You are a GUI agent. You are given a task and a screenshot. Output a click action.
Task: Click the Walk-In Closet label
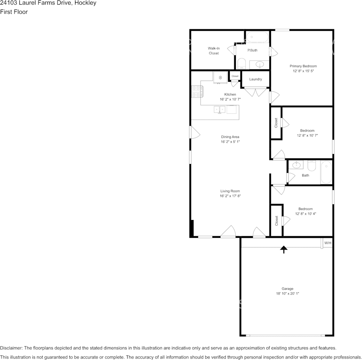(213, 51)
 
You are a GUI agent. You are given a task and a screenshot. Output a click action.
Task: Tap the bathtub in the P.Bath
(258, 37)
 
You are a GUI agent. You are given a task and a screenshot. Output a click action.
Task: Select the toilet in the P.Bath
(242, 64)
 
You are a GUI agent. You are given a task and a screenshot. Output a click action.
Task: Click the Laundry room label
(256, 79)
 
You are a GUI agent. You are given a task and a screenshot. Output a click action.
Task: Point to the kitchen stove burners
(197, 92)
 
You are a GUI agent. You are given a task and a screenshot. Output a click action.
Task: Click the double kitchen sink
(219, 109)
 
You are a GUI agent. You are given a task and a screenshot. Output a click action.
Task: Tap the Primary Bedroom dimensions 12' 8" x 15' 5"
(303, 71)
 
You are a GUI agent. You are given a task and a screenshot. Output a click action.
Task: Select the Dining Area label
(230, 137)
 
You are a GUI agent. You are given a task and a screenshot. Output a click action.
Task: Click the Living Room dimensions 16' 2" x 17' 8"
(230, 196)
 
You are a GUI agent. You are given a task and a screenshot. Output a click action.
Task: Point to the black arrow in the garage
(284, 250)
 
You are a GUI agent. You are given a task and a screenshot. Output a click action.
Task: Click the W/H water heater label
(328, 243)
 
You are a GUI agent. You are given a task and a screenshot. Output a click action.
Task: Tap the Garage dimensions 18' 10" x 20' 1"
(287, 293)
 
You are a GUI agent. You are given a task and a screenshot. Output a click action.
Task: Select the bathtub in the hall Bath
(326, 172)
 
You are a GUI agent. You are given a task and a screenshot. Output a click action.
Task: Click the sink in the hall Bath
(296, 165)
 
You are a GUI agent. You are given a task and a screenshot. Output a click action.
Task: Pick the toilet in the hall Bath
(312, 166)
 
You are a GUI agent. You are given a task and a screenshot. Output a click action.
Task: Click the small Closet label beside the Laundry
(235, 76)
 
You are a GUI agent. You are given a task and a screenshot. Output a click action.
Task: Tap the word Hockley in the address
(85, 3)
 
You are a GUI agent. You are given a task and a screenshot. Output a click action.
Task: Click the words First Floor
(14, 12)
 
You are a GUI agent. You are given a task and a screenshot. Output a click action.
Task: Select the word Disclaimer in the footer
(11, 348)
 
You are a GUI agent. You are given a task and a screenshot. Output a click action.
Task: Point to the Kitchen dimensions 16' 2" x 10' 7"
(230, 99)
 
